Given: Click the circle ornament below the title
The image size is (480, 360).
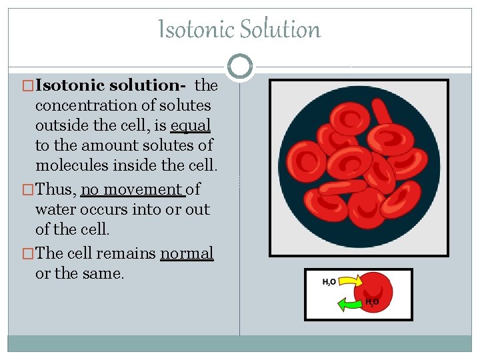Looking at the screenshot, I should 239,66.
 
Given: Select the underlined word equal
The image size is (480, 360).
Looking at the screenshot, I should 191,126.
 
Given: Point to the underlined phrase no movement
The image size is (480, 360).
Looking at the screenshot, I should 132,190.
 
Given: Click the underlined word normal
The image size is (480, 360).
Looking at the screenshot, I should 187,253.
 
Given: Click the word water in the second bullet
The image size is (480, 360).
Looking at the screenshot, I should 55,210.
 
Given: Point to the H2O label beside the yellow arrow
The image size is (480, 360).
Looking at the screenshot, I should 329,283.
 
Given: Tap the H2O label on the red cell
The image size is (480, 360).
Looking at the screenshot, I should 372,302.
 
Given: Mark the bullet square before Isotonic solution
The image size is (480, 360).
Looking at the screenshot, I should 27,85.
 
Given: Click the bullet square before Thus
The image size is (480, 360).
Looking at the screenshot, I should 27,190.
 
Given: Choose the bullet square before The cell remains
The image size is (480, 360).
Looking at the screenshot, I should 27,253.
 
